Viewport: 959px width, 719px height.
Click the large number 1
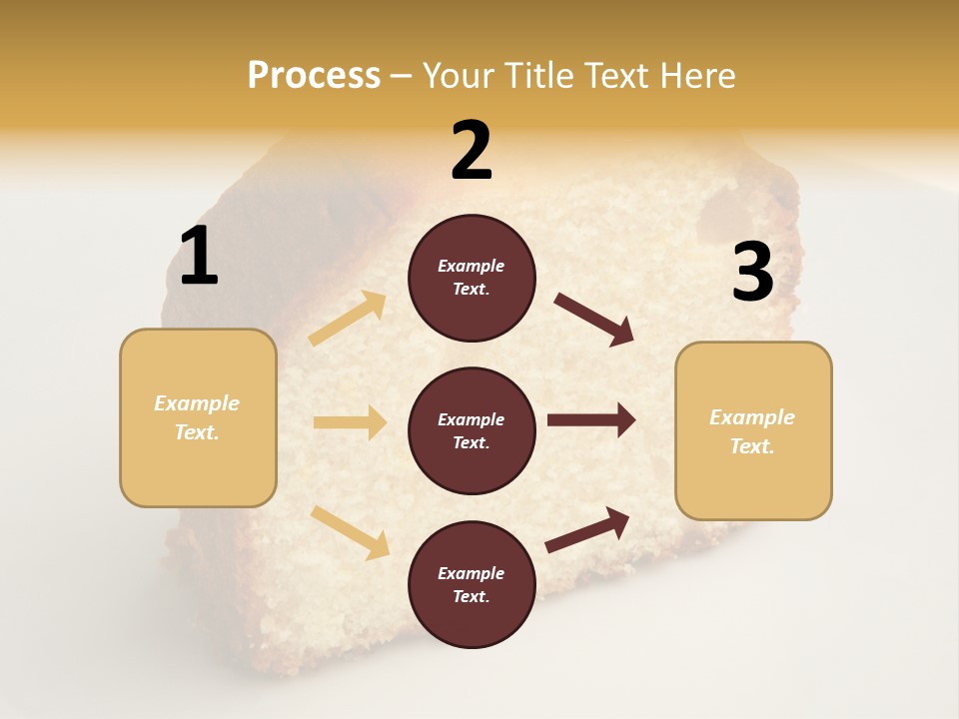199,257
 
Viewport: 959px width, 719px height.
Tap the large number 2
472,151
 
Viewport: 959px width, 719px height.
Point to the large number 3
752,273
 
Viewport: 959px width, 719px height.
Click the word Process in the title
314,75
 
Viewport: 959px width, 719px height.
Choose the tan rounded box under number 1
198,417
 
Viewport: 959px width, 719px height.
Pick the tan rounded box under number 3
753,430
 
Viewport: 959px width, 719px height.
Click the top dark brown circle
472,278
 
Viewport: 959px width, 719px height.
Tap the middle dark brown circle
472,430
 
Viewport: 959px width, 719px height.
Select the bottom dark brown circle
472,584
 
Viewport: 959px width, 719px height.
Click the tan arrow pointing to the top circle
348,319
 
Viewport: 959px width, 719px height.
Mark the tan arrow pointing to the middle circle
350,422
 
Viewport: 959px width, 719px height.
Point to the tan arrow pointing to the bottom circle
350,531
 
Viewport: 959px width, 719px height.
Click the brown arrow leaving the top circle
594,320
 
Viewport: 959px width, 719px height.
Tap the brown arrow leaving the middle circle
591,419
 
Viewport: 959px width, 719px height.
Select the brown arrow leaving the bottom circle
588,529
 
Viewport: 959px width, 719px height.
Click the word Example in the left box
197,403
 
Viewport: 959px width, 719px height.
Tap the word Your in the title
457,75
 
